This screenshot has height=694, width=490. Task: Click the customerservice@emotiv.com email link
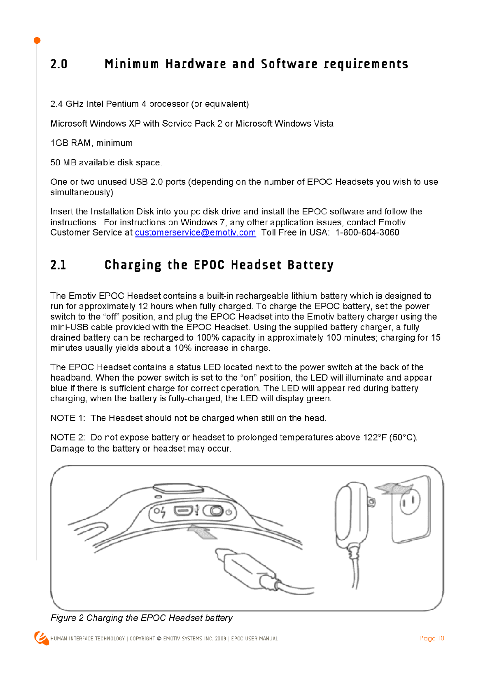pyautogui.click(x=195, y=233)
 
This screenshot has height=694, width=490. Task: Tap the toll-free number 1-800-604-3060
pyautogui.click(x=367, y=233)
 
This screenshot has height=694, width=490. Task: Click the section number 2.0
pyautogui.click(x=59, y=64)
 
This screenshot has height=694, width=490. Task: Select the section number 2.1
pyautogui.click(x=58, y=265)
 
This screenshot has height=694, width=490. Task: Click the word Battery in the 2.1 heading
pyautogui.click(x=310, y=265)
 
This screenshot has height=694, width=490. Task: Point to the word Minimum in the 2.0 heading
pyautogui.click(x=132, y=64)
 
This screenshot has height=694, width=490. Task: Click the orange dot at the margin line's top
pyautogui.click(x=37, y=40)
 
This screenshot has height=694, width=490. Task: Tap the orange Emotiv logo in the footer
pyautogui.click(x=41, y=638)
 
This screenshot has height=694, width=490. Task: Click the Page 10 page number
pyautogui.click(x=432, y=638)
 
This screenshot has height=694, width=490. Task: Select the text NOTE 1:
pyautogui.click(x=68, y=418)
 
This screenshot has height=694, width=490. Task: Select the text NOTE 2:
pyautogui.click(x=68, y=438)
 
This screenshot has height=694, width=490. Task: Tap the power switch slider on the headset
pyautogui.click(x=214, y=511)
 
